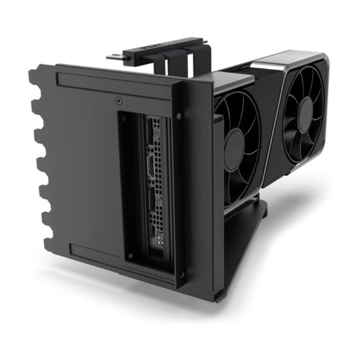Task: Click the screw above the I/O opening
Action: point(119,101)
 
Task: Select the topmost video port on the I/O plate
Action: point(156,136)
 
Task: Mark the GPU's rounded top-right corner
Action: point(322,60)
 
